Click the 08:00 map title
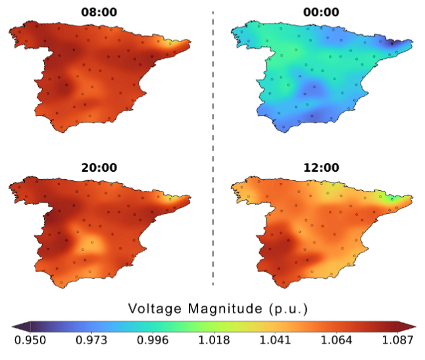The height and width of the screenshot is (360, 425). click(x=99, y=13)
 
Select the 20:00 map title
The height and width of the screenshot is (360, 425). click(x=99, y=167)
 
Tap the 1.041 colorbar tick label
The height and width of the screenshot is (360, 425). click(x=276, y=340)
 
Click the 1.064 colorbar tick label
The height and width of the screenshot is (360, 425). click(x=338, y=340)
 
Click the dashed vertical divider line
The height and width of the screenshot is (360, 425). click(x=213, y=151)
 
